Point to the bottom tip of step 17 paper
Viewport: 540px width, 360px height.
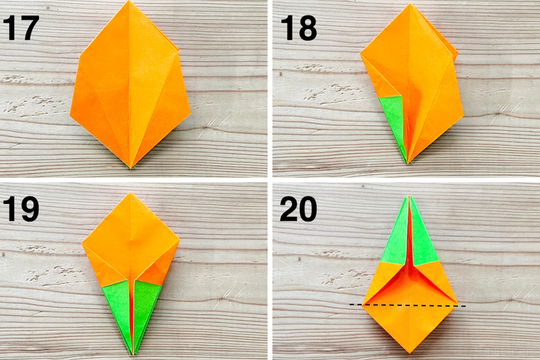(x=132, y=168)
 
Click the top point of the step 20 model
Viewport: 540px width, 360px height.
(x=408, y=196)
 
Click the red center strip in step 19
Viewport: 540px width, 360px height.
(x=132, y=313)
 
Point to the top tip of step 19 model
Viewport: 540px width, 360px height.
(x=131, y=194)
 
